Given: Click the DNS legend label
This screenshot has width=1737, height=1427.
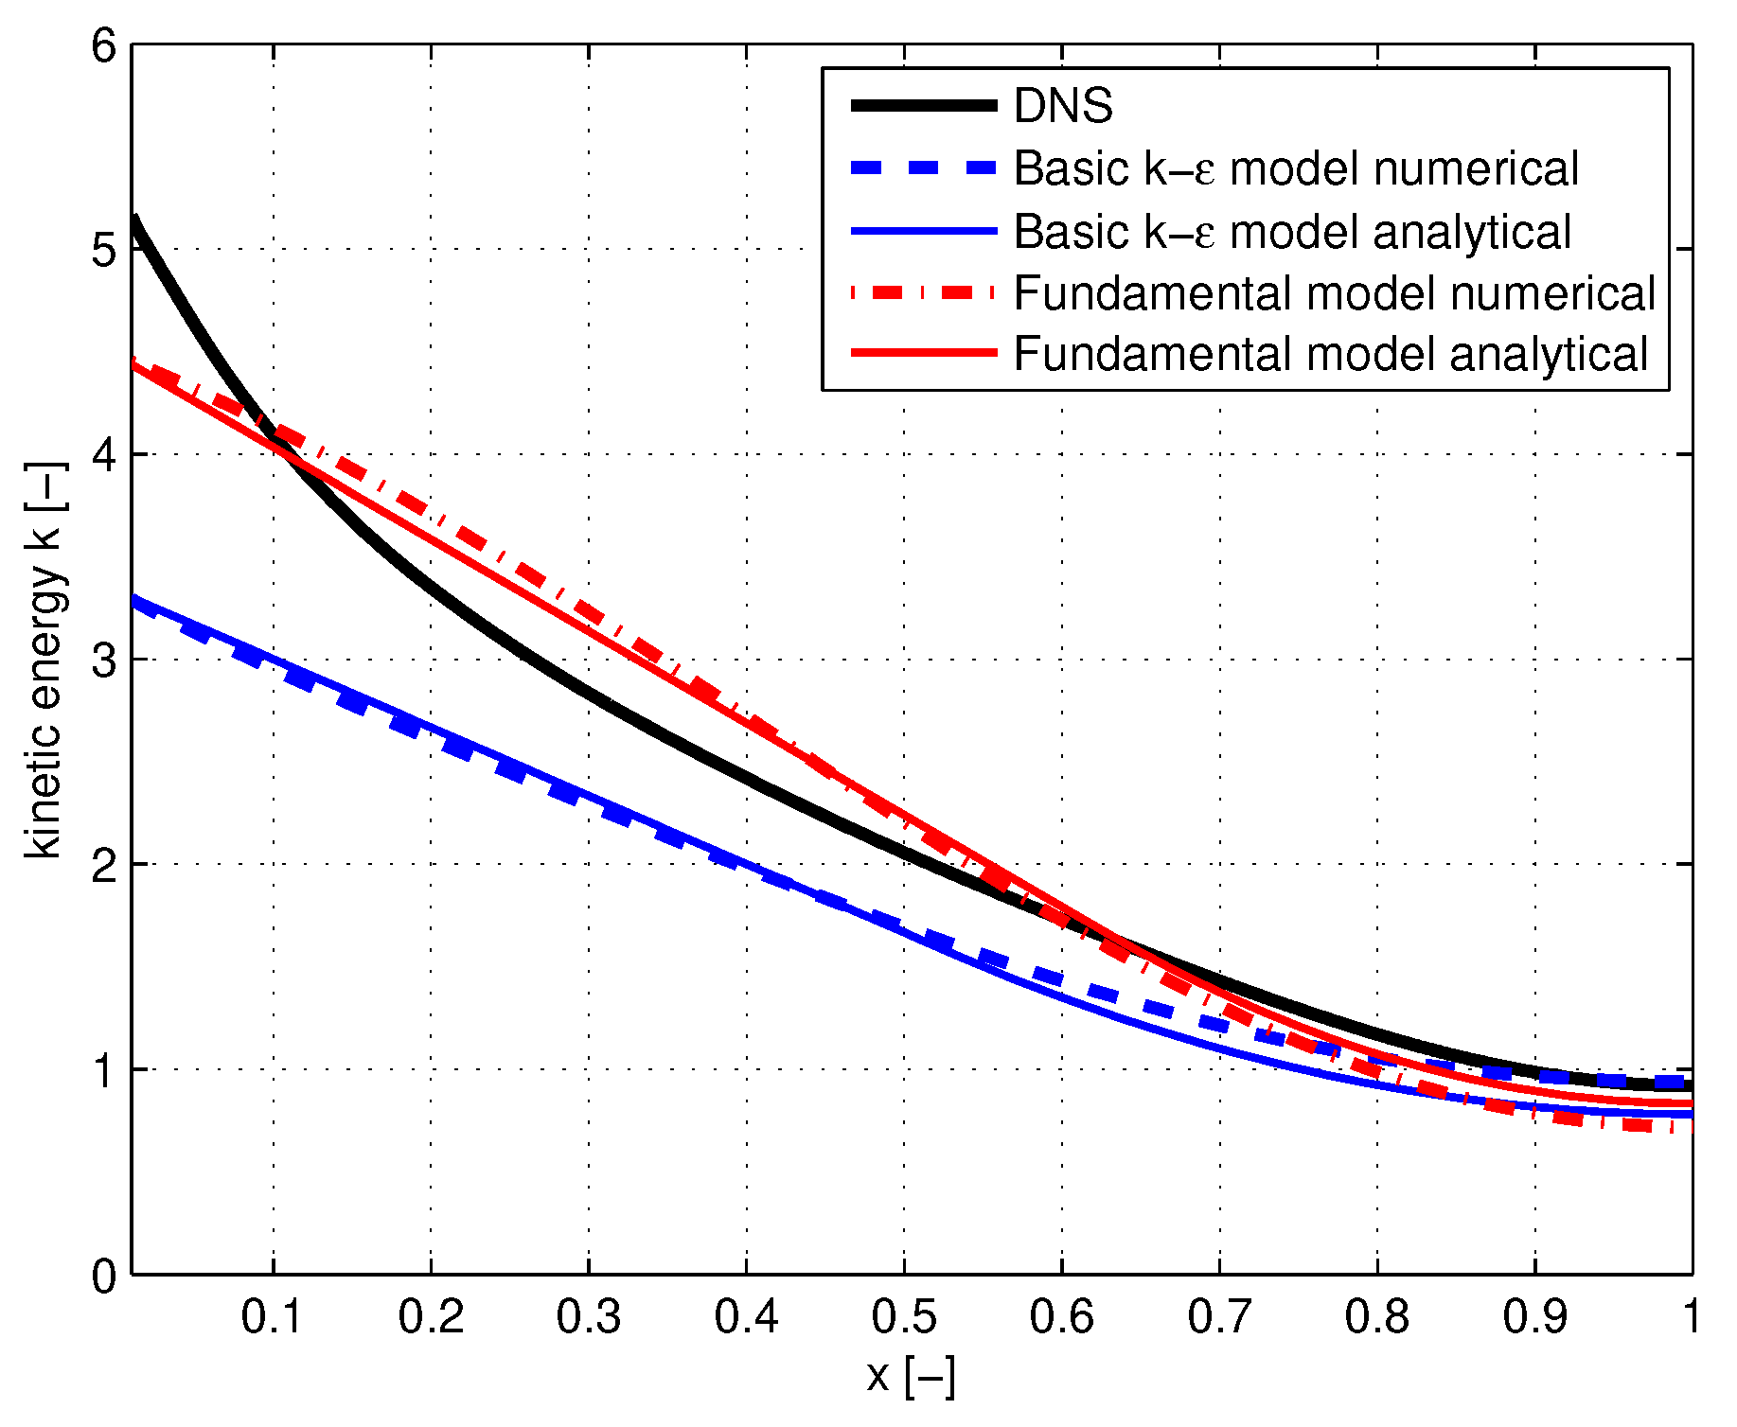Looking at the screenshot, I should (x=1062, y=106).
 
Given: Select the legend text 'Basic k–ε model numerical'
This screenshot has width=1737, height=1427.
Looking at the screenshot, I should (x=1296, y=169).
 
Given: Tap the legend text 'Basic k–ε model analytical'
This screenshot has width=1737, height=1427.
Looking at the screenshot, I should (x=1292, y=232).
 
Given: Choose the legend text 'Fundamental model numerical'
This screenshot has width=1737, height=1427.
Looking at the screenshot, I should (x=1334, y=293).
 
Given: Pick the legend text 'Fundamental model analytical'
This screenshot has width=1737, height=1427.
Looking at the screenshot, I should (x=1330, y=355).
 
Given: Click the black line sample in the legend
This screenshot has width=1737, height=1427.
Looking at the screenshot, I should (x=924, y=106).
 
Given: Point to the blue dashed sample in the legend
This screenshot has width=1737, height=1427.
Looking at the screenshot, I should (x=924, y=168).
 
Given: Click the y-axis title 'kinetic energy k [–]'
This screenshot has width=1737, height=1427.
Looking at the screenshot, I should (x=44, y=660).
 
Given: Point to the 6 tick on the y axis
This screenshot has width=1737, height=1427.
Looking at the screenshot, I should (x=104, y=45).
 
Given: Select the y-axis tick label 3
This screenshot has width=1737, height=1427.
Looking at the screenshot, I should (x=104, y=660).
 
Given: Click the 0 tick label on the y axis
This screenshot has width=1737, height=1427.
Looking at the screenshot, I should (x=104, y=1276).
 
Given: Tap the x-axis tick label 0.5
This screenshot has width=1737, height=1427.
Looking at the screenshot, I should (x=904, y=1316).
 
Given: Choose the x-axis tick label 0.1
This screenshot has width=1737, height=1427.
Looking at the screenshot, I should (x=273, y=1316).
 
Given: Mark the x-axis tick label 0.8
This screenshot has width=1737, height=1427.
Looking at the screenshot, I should (x=1377, y=1316).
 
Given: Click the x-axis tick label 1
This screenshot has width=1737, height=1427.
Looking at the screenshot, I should (x=1691, y=1316).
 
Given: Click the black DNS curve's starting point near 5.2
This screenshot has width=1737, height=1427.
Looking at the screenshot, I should (x=135, y=220).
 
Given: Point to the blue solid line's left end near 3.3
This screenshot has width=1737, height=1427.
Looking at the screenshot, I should (x=135, y=598).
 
